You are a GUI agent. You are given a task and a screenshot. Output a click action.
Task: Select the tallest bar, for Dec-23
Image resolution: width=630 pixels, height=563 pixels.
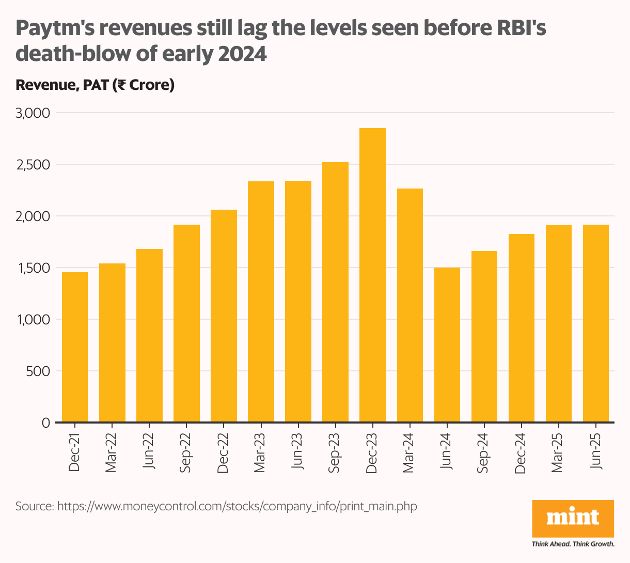point(372,275)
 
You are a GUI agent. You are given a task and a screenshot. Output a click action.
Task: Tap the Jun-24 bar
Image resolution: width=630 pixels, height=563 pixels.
point(447,345)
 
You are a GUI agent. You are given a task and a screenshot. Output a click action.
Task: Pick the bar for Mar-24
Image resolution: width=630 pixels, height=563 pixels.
point(409,305)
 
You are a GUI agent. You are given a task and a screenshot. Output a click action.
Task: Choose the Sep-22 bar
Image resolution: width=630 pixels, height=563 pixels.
point(186,323)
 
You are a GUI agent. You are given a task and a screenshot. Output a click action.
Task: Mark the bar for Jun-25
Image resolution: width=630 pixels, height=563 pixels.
point(595,323)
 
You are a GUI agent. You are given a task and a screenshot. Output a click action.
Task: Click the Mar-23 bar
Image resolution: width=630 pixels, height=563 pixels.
point(261,302)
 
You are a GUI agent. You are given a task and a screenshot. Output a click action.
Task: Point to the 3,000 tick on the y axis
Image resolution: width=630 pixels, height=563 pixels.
point(32,113)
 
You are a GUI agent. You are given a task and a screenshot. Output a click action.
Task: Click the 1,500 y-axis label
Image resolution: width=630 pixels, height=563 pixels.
point(32,268)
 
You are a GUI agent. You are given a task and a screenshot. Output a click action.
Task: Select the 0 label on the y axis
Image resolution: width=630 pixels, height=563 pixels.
point(45,423)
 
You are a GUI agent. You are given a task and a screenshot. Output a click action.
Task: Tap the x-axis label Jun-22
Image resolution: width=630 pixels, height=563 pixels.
point(149,449)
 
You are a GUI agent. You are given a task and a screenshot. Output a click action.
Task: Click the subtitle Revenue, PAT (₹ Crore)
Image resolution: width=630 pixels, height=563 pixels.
point(95,85)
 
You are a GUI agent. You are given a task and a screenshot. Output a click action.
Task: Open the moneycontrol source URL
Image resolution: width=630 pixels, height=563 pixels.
point(237,506)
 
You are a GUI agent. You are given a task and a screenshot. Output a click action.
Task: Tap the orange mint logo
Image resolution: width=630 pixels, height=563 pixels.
point(573,518)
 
